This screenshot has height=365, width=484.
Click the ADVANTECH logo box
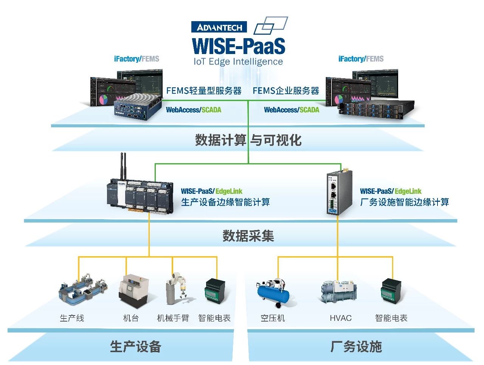pos(219,27)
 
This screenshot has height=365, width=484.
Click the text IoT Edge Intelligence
pos(238,62)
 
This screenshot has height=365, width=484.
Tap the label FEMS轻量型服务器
pos(204,91)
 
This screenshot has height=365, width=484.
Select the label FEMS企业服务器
pos(286,91)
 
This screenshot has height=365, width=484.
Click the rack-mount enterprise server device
pos(376,109)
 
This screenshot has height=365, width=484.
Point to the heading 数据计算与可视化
pos(248,140)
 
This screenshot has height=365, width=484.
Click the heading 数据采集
pos(248,236)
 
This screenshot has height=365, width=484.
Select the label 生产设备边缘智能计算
pos(225,202)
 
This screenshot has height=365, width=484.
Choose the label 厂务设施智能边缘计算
pos(405,202)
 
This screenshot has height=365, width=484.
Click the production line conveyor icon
pos(82,289)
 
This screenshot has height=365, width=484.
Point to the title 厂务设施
pos(356,346)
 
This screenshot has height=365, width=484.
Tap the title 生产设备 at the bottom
pos(135,346)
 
